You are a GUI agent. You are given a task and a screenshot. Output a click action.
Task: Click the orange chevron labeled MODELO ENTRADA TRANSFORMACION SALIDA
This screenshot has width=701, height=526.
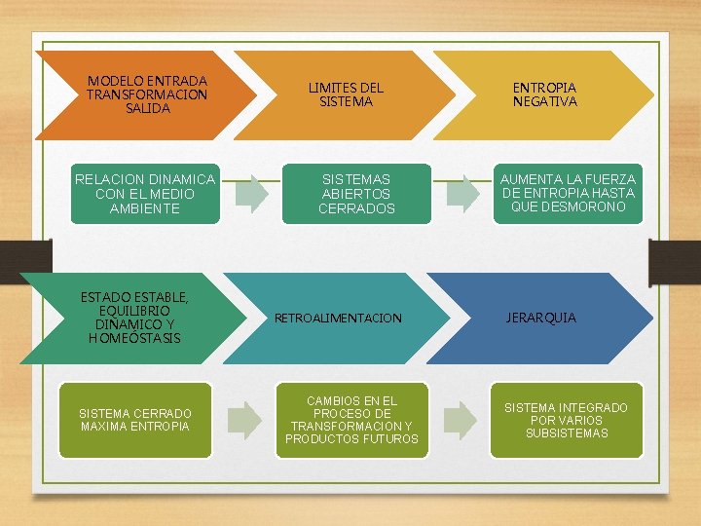tap(146, 94)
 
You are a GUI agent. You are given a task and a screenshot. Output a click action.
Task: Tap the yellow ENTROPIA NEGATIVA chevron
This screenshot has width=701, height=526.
tap(545, 94)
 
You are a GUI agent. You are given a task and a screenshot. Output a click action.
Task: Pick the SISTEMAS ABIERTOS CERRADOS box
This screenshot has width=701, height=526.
tap(356, 193)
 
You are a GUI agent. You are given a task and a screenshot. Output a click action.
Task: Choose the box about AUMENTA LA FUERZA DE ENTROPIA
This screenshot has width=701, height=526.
tap(568, 193)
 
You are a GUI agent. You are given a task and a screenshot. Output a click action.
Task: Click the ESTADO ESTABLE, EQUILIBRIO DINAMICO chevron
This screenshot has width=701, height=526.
tap(135, 318)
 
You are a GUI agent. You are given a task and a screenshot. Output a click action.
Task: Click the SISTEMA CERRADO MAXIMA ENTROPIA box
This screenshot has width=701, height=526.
tap(135, 420)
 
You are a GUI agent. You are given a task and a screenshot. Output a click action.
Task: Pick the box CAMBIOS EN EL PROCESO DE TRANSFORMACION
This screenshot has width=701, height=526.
tap(351, 420)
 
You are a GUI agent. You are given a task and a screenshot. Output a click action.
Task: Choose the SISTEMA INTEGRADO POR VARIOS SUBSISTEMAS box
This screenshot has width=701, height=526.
tap(566, 420)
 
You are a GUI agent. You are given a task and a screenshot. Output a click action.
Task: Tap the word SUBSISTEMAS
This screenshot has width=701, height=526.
tap(566, 433)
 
